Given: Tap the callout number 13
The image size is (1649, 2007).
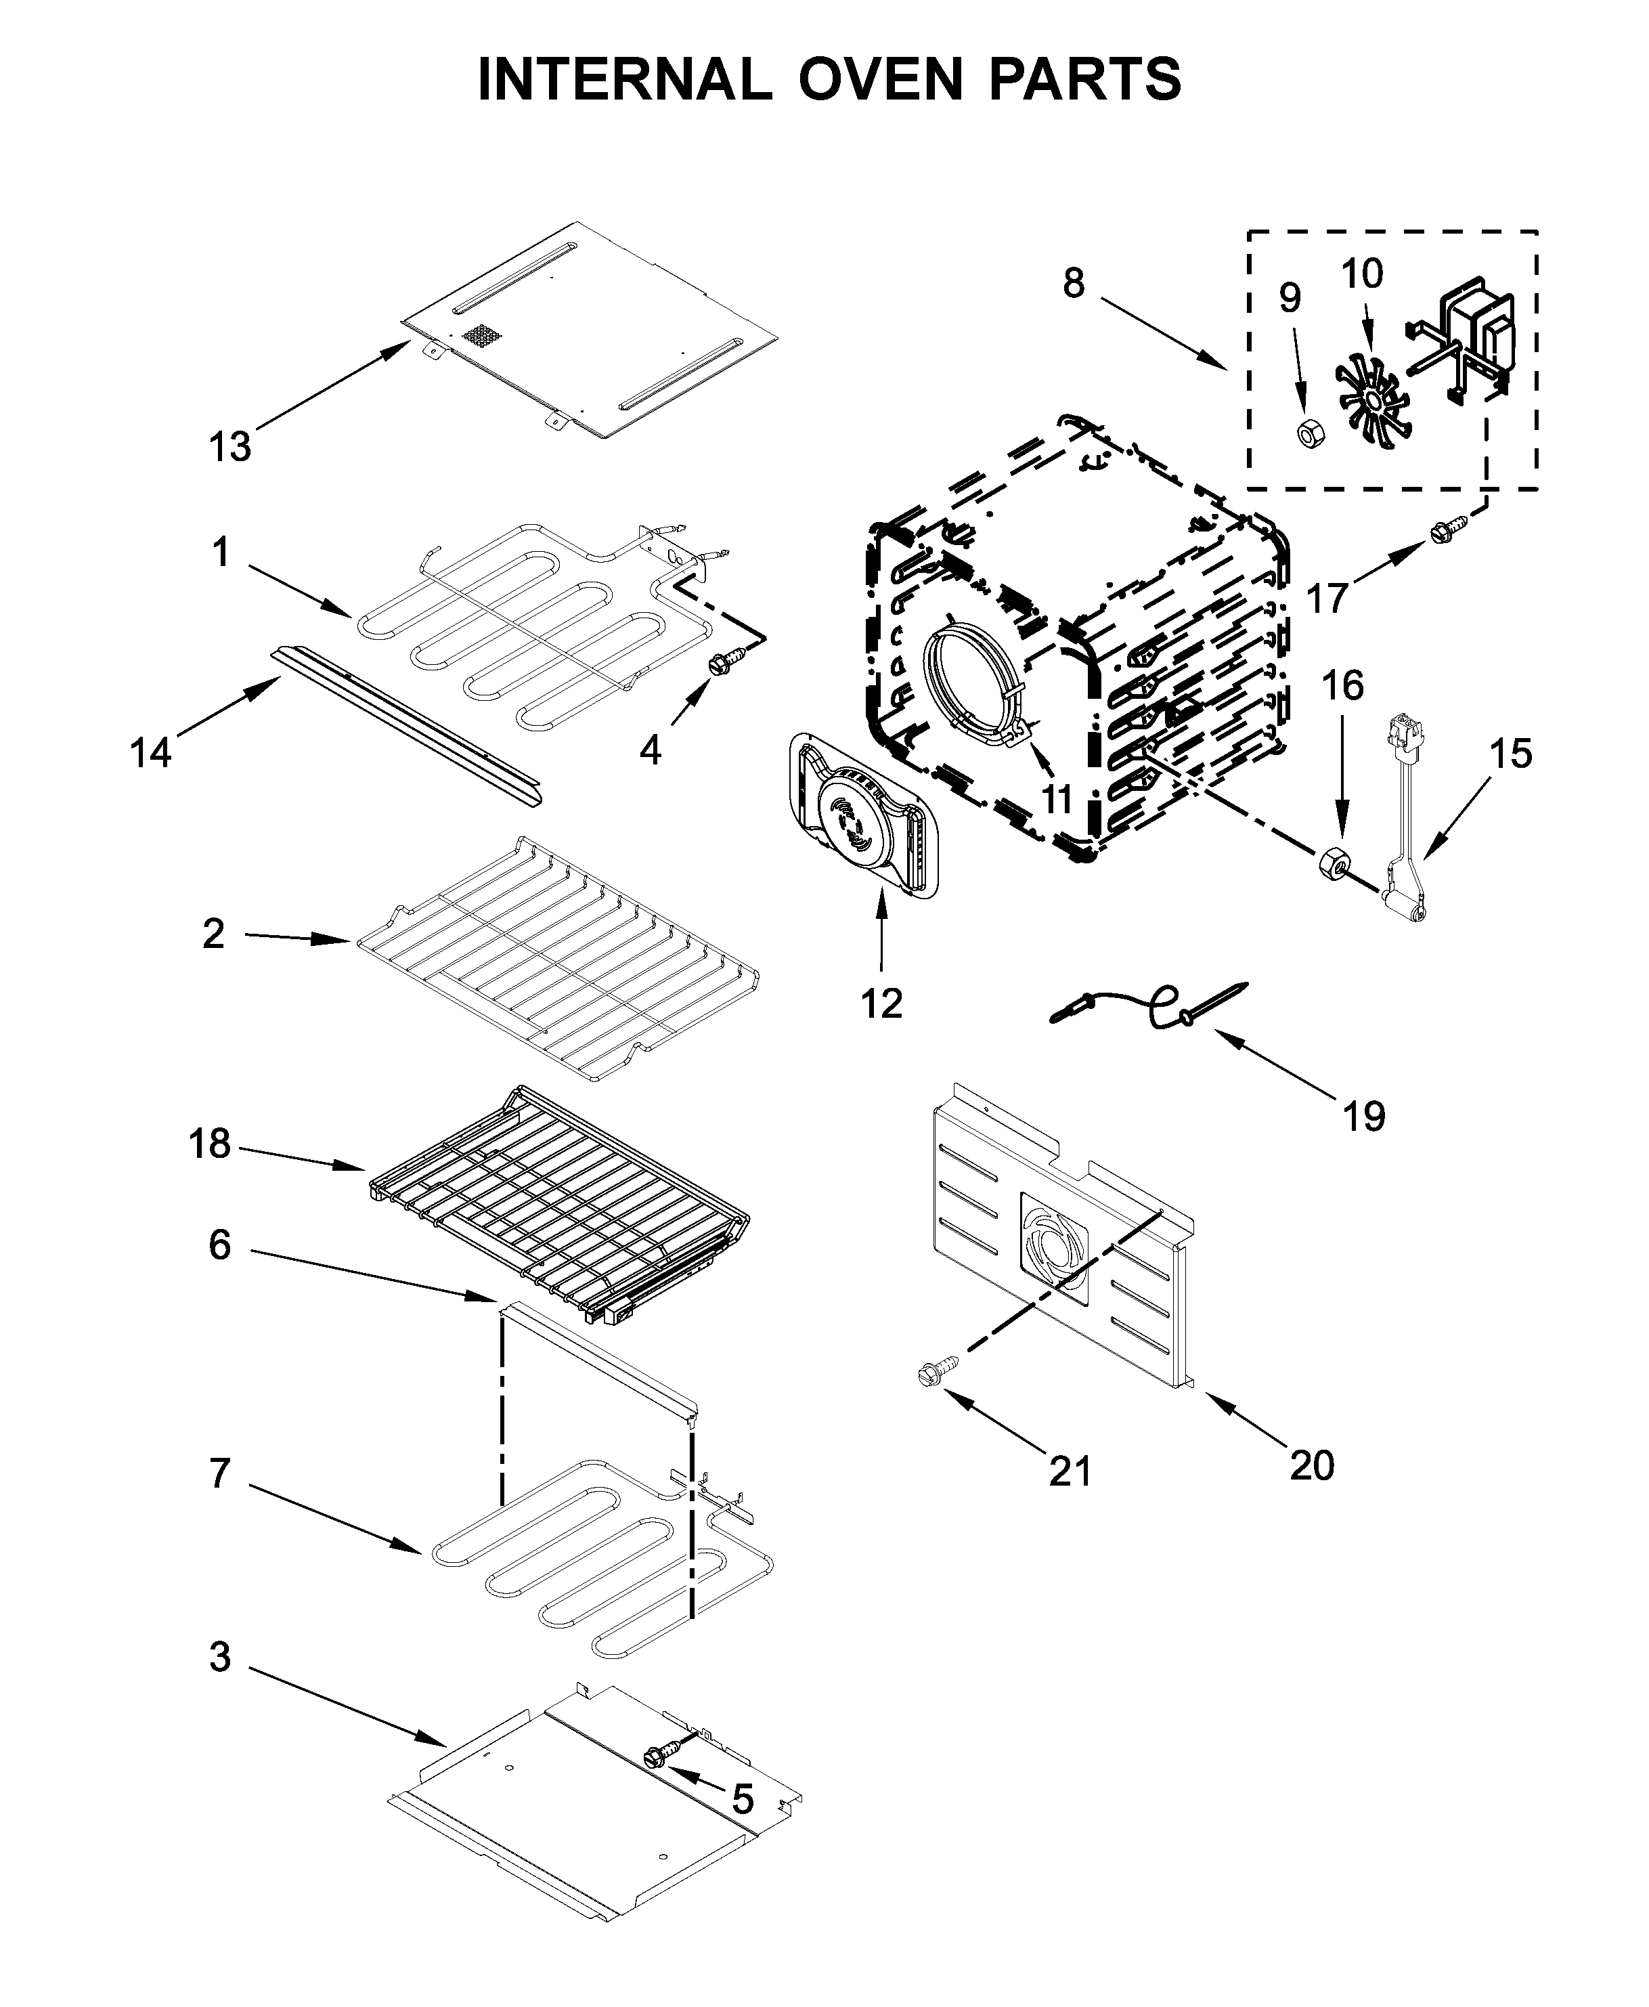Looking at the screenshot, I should pyautogui.click(x=230, y=447).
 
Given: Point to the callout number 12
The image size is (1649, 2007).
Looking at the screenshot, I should pyautogui.click(x=881, y=1003).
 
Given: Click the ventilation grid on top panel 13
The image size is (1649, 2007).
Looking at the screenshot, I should pyautogui.click(x=480, y=335).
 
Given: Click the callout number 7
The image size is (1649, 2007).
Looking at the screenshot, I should pyautogui.click(x=219, y=1473).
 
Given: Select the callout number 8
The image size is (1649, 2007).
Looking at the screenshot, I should pyautogui.click(x=1074, y=282).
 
